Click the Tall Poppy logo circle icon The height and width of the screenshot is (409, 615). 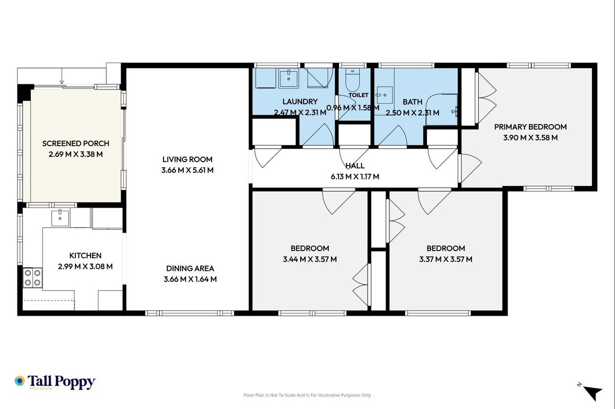pyautogui.click(x=19, y=381)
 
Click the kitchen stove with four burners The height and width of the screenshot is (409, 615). pyautogui.click(x=33, y=278)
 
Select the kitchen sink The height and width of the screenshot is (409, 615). pyautogui.click(x=60, y=218)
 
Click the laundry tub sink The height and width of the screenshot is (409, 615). pyautogui.click(x=289, y=78)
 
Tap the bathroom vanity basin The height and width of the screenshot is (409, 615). pyautogui.click(x=385, y=95)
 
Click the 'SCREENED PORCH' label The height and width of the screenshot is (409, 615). pyautogui.click(x=76, y=143)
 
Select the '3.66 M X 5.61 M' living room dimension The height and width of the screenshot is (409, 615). pyautogui.click(x=187, y=170)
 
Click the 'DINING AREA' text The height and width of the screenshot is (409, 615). pyautogui.click(x=190, y=268)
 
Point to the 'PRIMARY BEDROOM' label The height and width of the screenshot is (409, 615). pyautogui.click(x=531, y=127)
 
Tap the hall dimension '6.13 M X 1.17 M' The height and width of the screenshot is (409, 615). pyautogui.click(x=355, y=176)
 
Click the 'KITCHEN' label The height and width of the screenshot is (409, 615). pyautogui.click(x=86, y=256)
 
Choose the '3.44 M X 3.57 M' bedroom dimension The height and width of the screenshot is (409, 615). pyautogui.click(x=310, y=259)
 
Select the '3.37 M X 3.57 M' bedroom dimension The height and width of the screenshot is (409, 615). pyautogui.click(x=446, y=259)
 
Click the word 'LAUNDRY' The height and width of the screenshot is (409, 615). pyautogui.click(x=300, y=102)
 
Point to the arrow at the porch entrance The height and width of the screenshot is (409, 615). pyautogui.click(x=62, y=76)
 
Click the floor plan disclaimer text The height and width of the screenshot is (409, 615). pyautogui.click(x=307, y=395)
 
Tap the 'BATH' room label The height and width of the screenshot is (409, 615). pyautogui.click(x=412, y=102)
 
